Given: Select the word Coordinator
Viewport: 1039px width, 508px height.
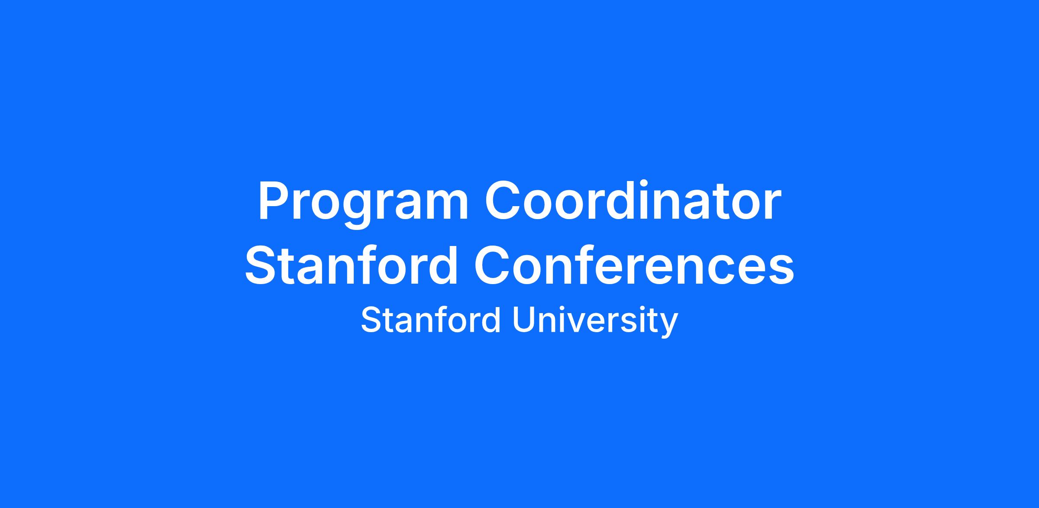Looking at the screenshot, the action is pyautogui.click(x=633, y=201).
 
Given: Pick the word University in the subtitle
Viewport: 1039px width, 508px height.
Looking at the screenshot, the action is pyautogui.click(x=595, y=321).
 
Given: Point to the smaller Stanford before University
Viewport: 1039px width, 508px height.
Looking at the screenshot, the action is pyautogui.click(x=431, y=320).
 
